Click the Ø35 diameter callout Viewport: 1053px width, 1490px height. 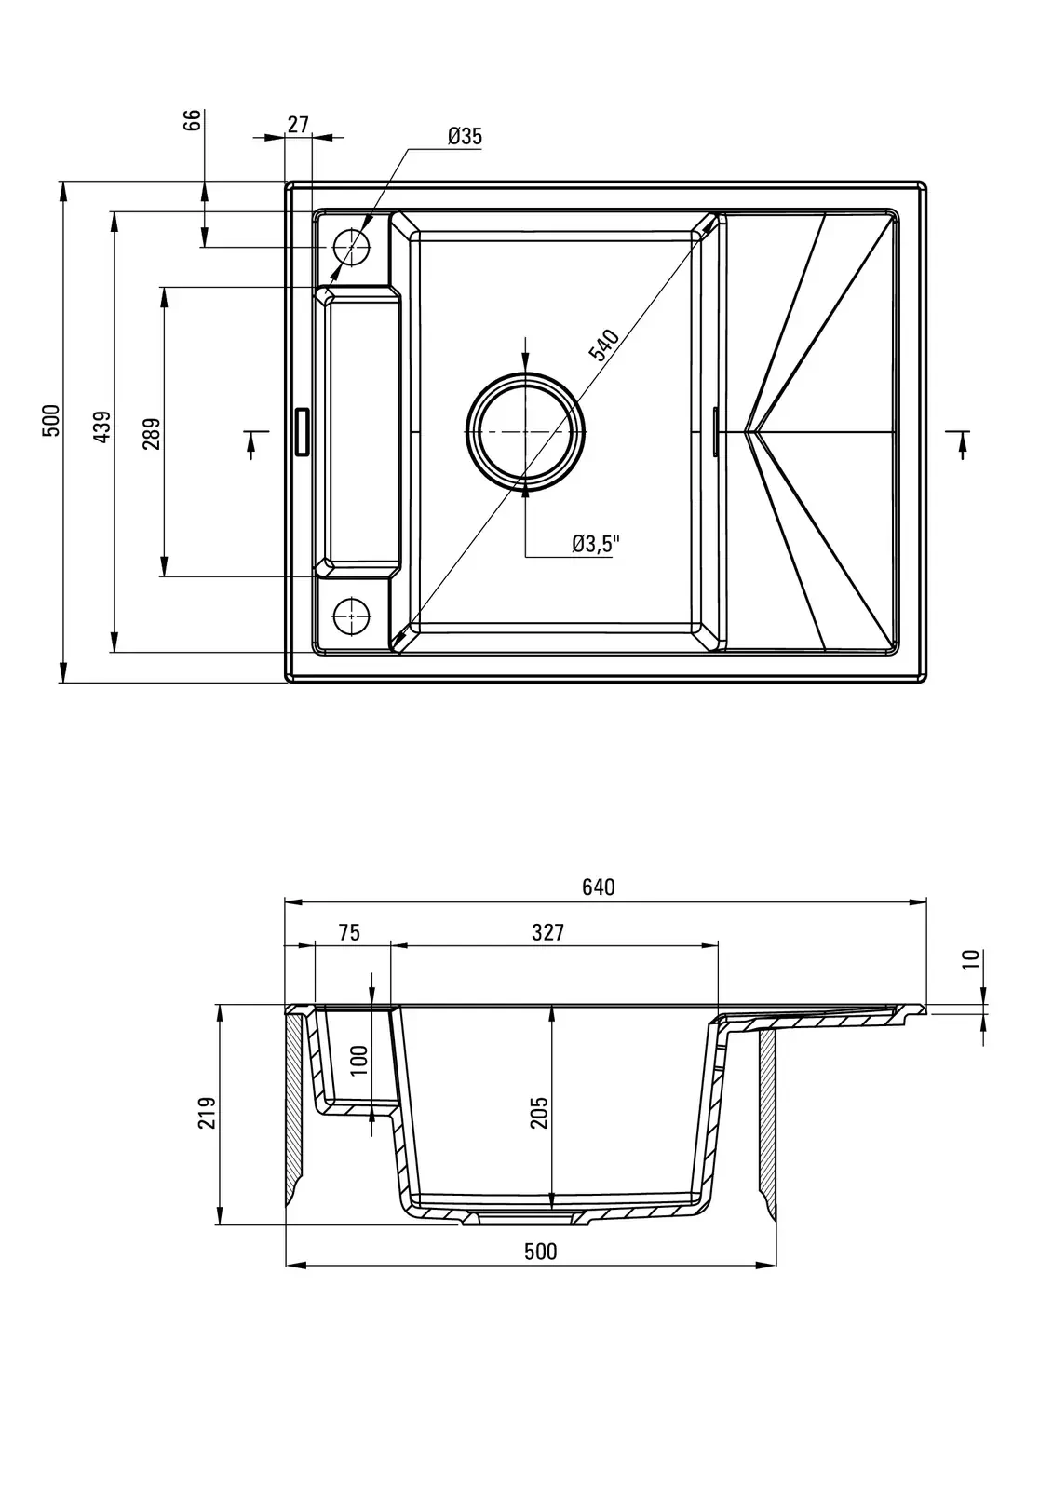[465, 136]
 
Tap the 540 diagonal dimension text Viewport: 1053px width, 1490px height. [604, 345]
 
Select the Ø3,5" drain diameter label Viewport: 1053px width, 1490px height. [595, 544]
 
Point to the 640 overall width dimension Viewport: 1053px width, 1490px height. [599, 887]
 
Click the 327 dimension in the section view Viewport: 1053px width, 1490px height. [548, 932]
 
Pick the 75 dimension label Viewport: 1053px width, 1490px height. [349, 932]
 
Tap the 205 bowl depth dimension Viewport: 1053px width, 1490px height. [539, 1113]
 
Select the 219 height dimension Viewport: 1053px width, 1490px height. [208, 1113]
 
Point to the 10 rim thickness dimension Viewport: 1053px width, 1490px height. [971, 960]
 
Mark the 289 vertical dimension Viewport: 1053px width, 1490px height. [152, 433]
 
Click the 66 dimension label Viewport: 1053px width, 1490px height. [192, 121]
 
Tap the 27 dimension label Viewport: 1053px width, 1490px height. [298, 125]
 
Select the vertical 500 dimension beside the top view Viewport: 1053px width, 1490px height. [52, 420]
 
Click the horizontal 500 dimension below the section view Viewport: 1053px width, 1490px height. [540, 1251]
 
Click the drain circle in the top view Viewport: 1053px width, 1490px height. [526, 432]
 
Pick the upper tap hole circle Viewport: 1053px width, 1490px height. [352, 247]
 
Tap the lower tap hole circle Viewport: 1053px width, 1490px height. [352, 613]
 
